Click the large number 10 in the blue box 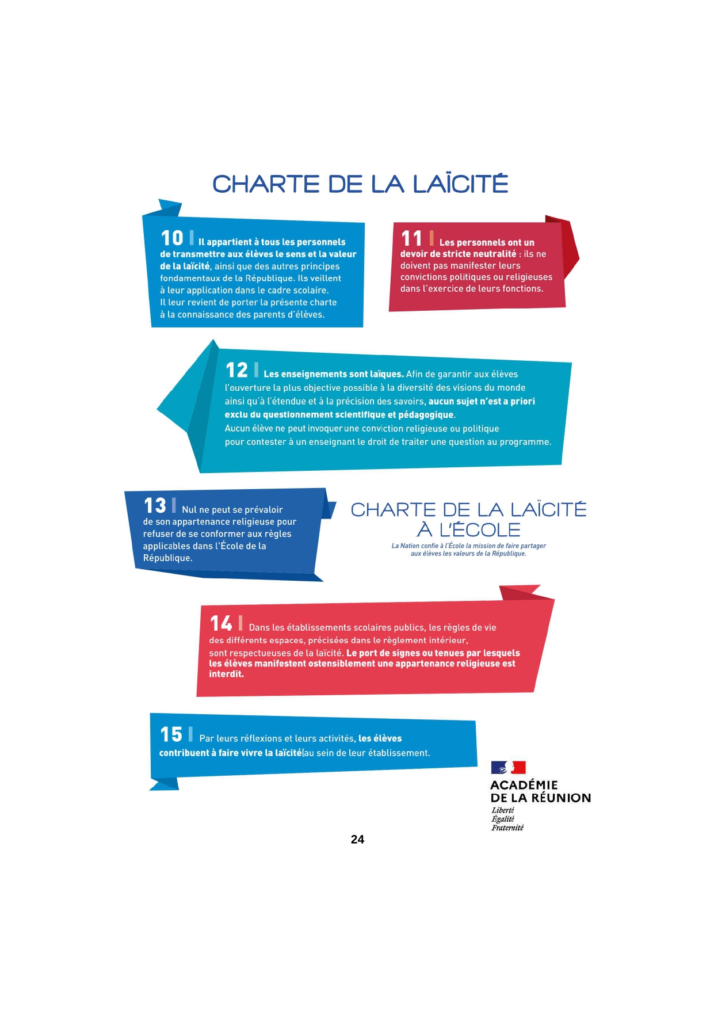(x=171, y=238)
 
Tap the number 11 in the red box (x=411, y=238)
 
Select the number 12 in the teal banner (x=236, y=370)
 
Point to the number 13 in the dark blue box (x=155, y=506)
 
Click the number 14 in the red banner (x=221, y=623)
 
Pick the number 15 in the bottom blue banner (x=171, y=734)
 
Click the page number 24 (x=357, y=839)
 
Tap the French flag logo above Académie (x=508, y=767)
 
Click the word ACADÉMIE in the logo (x=524, y=785)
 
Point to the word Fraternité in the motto (x=507, y=828)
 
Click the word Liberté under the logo (x=502, y=810)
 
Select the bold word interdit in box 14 (x=226, y=674)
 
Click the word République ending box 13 (x=167, y=558)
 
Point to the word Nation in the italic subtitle (x=410, y=546)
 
